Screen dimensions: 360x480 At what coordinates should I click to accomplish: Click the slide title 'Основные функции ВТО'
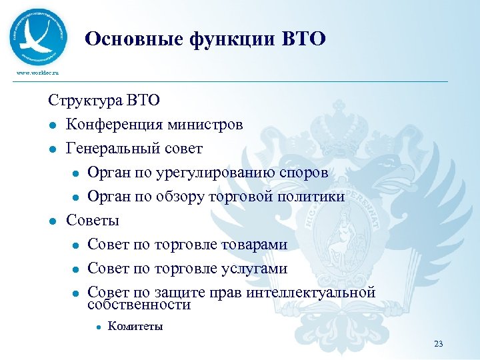205,39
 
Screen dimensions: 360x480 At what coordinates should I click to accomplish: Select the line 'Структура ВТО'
104,101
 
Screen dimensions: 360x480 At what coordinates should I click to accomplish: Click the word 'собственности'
139,305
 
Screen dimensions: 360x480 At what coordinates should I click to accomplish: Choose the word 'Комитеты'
135,327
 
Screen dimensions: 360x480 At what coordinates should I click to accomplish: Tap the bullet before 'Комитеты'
97,327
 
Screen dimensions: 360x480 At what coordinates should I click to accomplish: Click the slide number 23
438,344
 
